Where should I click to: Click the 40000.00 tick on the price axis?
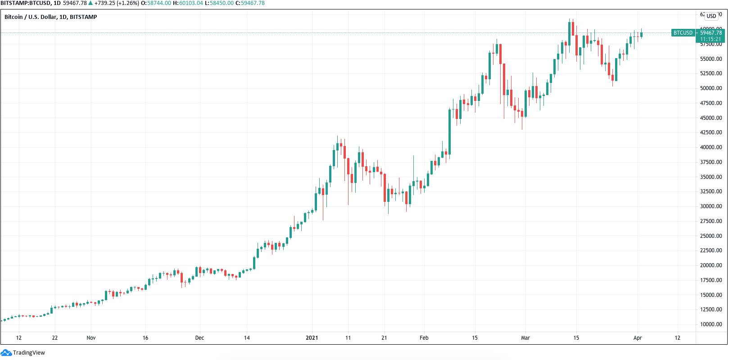coord(711,147)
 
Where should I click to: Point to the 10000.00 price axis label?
coord(711,324)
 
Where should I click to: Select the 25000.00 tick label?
coord(711,236)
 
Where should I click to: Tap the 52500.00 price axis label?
coord(711,73)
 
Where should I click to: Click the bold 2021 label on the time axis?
coord(312,338)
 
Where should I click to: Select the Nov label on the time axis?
coord(91,338)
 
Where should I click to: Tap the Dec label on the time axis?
coord(199,338)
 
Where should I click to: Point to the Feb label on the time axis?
coord(424,338)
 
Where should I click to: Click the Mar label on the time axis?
coord(525,338)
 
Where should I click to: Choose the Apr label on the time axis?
coord(637,338)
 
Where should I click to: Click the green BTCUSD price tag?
coord(683,33)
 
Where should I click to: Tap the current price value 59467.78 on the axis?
coord(711,33)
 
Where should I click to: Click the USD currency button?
coord(711,16)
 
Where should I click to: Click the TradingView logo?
coord(23,353)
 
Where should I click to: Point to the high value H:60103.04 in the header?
coord(188,3)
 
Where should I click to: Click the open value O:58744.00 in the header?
coord(156,3)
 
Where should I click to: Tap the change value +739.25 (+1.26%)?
coord(116,3)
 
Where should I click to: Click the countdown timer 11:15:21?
coord(710,39)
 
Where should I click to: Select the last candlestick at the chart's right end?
coord(641,35)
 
